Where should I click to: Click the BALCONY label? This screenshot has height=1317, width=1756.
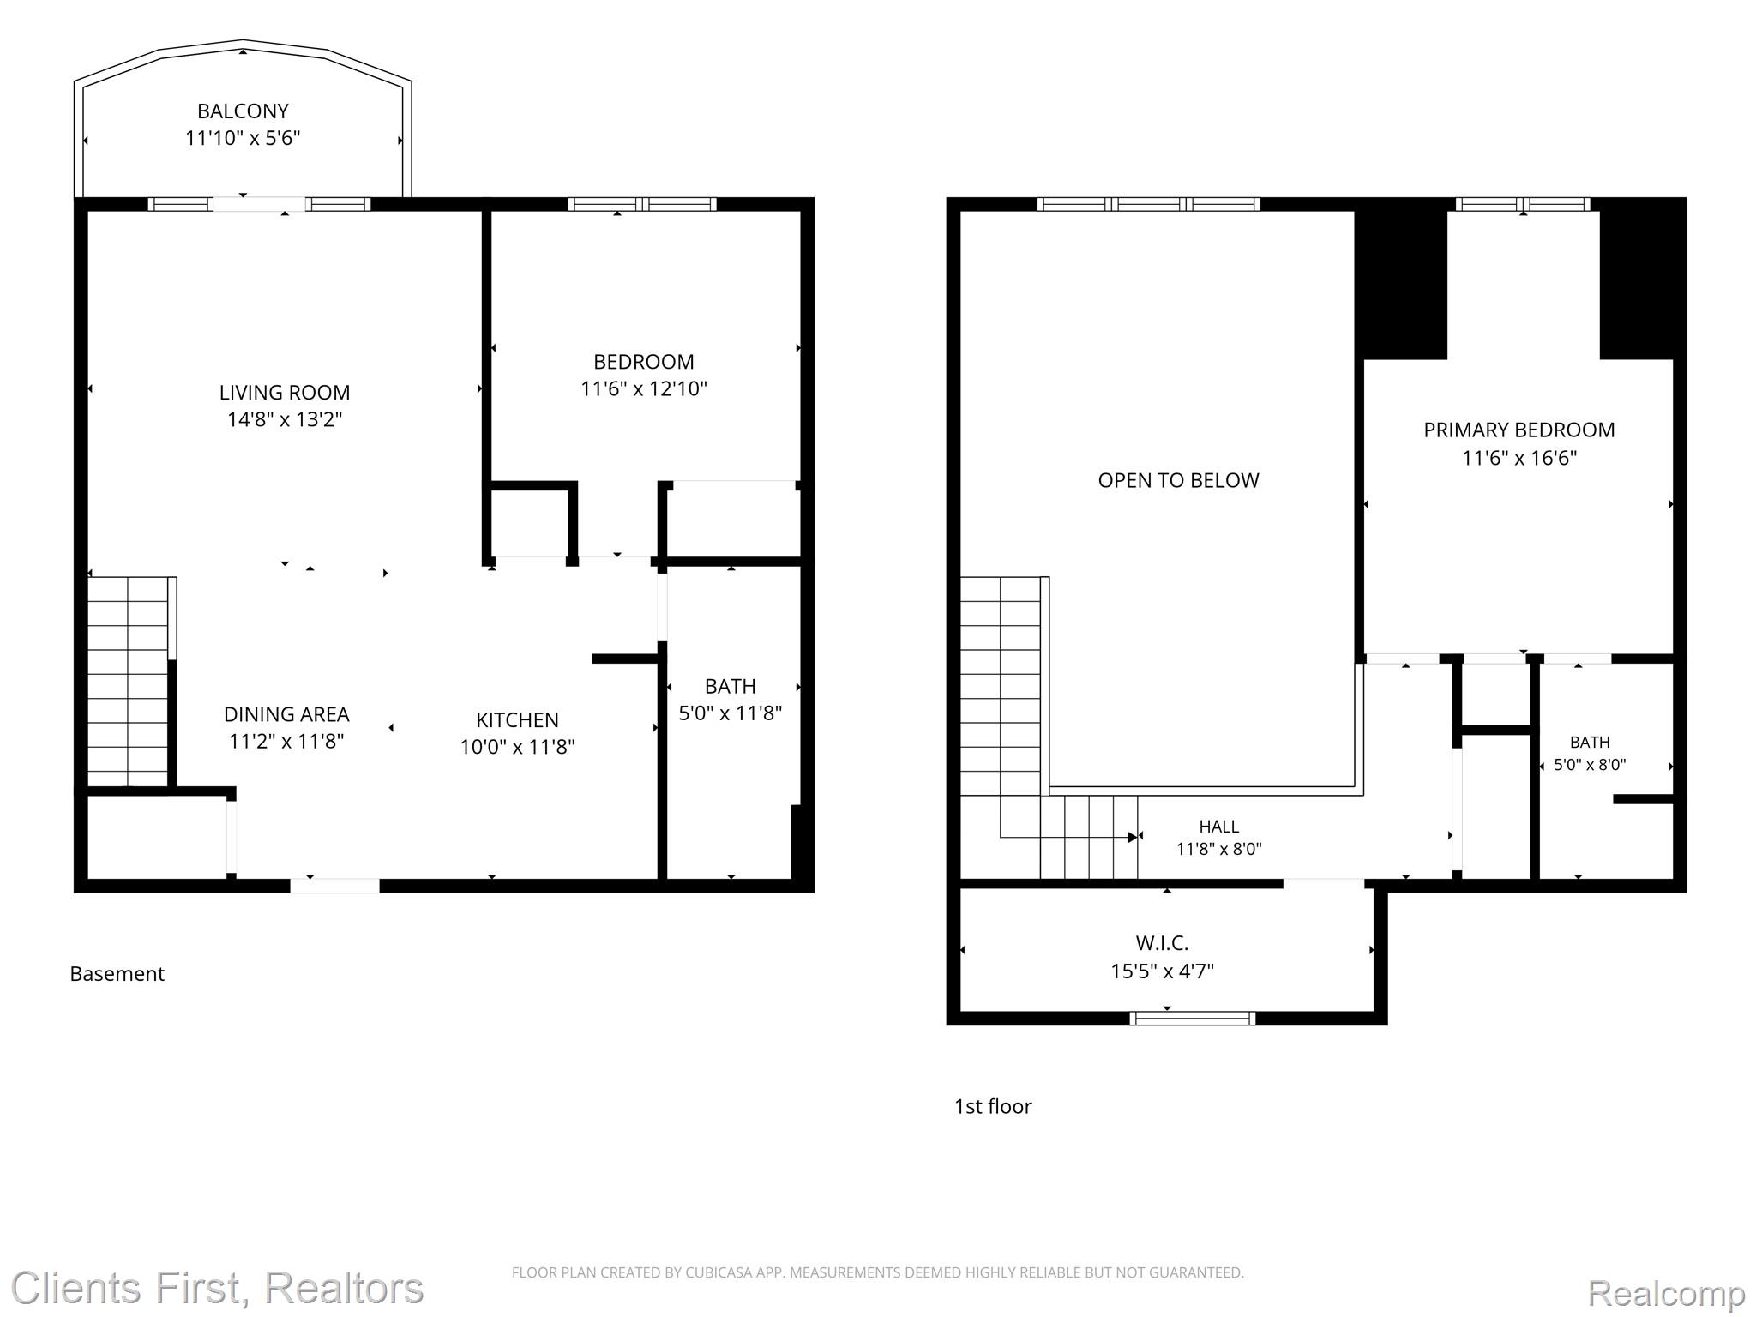pos(243,111)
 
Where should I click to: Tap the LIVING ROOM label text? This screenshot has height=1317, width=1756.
pos(285,393)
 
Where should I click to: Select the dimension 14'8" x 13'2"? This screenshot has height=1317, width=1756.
pos(285,419)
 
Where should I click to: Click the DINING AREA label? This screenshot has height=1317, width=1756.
pos(286,714)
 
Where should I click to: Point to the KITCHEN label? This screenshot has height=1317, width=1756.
pos(517,720)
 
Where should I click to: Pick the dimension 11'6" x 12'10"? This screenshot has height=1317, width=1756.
pos(644,389)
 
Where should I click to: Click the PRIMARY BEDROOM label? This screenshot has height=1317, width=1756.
pos(1519,430)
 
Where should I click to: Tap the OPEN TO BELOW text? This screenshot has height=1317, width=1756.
pos(1179,481)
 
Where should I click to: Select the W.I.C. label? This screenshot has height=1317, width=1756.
pos(1163,944)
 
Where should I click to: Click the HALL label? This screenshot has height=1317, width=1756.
pos(1218,827)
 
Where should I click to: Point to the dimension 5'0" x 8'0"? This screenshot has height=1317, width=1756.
pos(1590,765)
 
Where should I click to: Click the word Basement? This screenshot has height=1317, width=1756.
pos(117,974)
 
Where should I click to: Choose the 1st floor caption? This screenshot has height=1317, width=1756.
pos(993,1106)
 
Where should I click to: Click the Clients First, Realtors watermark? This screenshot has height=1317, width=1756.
pos(217,1288)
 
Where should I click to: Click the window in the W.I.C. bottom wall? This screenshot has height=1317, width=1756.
pos(1192,1018)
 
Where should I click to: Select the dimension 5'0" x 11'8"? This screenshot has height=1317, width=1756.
pos(731,713)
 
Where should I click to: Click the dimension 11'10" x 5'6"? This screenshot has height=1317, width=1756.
pos(243,138)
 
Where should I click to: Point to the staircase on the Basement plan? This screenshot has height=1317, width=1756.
pos(128,682)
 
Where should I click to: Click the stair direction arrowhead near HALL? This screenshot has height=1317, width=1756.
pos(1133,837)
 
